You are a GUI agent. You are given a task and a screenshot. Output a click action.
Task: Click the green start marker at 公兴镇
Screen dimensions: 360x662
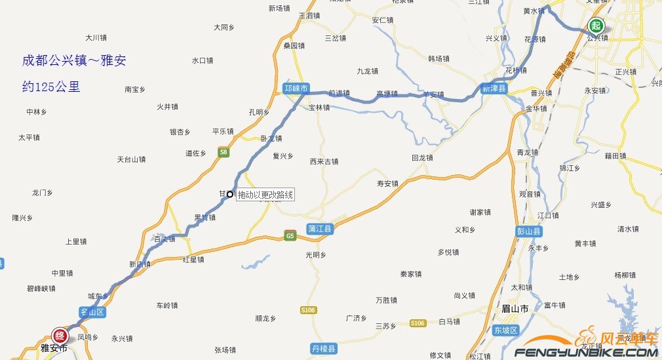pos(596,26)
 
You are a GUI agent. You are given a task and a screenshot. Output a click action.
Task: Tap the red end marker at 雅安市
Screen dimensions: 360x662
pos(60,335)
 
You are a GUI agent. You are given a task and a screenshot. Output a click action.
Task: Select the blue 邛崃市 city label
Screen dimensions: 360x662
pos(296,88)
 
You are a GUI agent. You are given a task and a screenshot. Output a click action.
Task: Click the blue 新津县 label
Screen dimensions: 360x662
pos(495,88)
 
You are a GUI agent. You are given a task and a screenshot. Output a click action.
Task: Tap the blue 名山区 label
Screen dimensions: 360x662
pos(92,312)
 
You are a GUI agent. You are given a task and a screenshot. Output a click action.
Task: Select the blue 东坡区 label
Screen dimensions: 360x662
pos(505,330)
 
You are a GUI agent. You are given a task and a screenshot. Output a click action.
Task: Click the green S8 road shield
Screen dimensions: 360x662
pos(224,152)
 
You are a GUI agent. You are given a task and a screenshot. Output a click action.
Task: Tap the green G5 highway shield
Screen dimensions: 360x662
pos(290,235)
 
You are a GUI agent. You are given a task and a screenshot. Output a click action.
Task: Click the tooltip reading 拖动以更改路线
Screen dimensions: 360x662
pos(265,195)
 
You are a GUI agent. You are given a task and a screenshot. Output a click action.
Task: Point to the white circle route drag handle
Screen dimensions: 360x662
pos(230,193)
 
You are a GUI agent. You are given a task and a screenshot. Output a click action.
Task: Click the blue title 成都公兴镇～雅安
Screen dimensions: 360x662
pos(74,61)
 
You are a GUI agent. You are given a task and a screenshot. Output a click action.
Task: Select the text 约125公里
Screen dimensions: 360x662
pos(51,86)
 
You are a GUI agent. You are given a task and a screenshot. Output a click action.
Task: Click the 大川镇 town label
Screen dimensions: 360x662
pos(96,38)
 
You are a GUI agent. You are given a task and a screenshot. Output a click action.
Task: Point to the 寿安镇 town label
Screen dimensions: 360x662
pos(387,184)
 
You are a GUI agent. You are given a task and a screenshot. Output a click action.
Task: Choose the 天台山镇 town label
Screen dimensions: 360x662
pos(131,159)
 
